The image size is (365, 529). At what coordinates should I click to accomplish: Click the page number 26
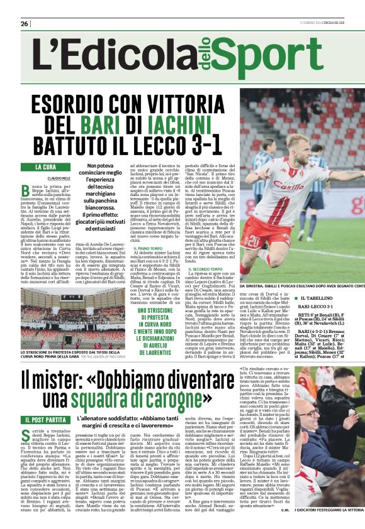(x=25, y=24)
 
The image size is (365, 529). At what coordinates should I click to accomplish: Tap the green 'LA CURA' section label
(x=45, y=167)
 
